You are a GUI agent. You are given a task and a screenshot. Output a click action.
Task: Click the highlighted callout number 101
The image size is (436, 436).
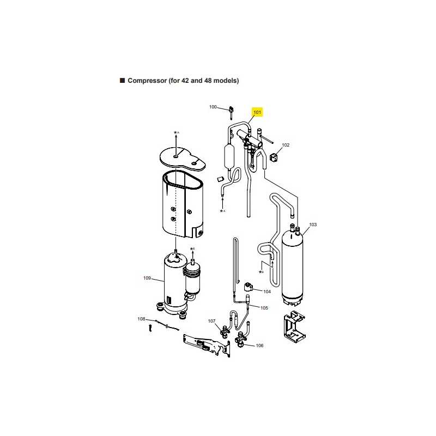(257, 112)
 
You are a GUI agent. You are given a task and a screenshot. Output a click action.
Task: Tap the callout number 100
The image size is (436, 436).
(213, 107)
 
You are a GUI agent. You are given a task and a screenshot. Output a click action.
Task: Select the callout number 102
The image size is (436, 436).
(286, 145)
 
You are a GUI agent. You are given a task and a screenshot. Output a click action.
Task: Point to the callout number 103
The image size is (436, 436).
(313, 225)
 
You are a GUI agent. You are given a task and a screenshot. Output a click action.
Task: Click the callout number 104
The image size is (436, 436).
(267, 292)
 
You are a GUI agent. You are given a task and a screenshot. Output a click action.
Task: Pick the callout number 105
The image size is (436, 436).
(264, 308)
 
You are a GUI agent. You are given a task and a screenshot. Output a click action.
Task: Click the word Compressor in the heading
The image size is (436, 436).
(147, 81)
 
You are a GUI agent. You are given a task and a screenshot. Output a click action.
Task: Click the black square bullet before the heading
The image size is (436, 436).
(122, 80)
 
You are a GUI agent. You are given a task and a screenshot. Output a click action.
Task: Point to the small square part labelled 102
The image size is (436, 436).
(274, 158)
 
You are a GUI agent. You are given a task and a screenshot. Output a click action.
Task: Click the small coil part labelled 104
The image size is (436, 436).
(248, 287)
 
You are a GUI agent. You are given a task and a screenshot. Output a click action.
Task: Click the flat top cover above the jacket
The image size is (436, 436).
(183, 159)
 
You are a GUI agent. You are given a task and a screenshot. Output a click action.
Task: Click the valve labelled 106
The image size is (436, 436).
(240, 340)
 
